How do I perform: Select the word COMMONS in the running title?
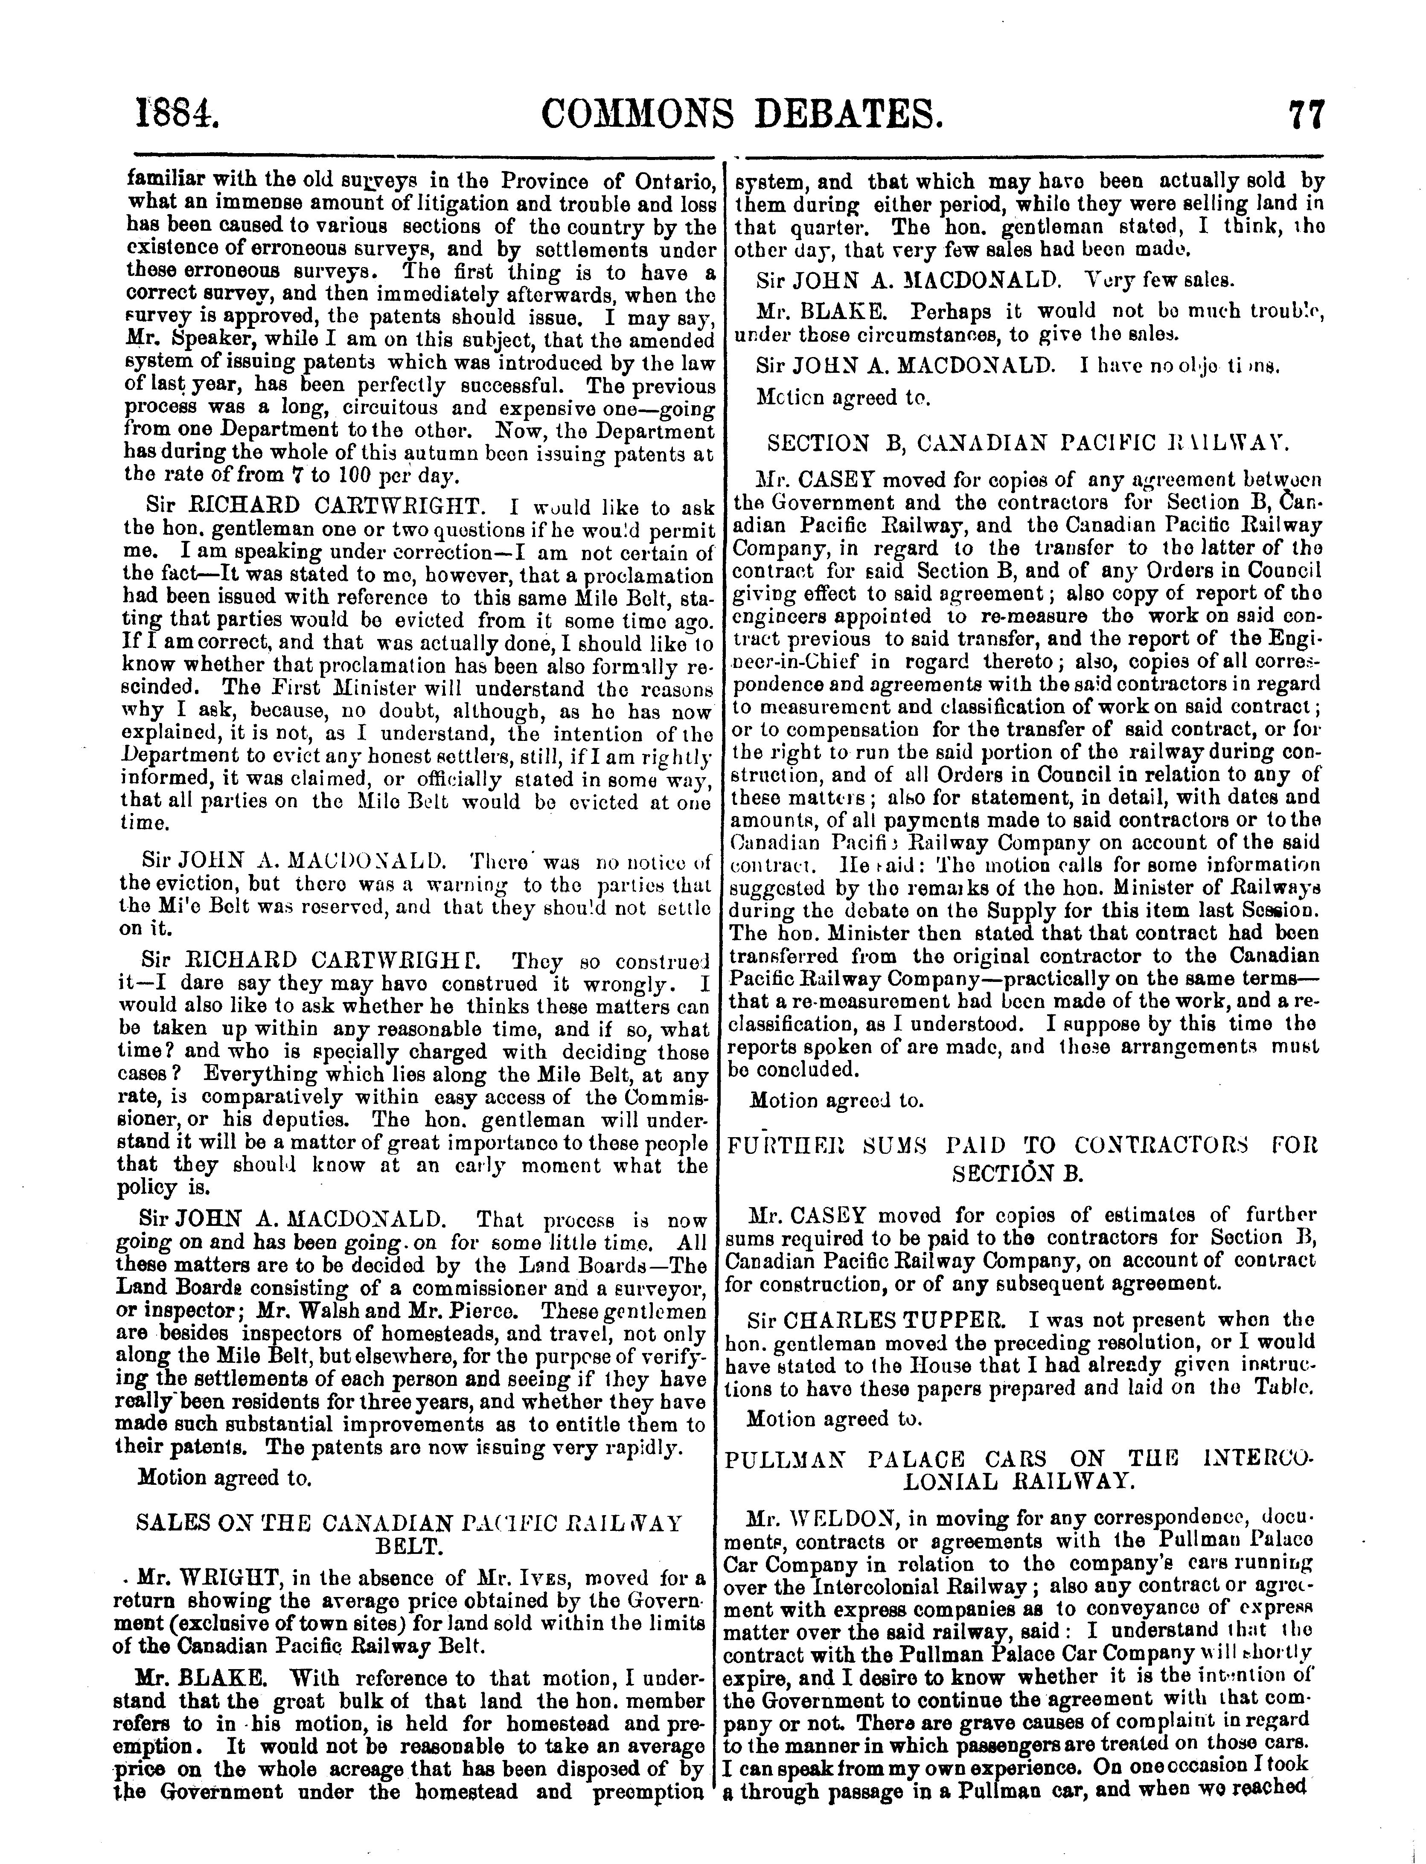641,113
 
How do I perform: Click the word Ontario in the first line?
672,183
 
